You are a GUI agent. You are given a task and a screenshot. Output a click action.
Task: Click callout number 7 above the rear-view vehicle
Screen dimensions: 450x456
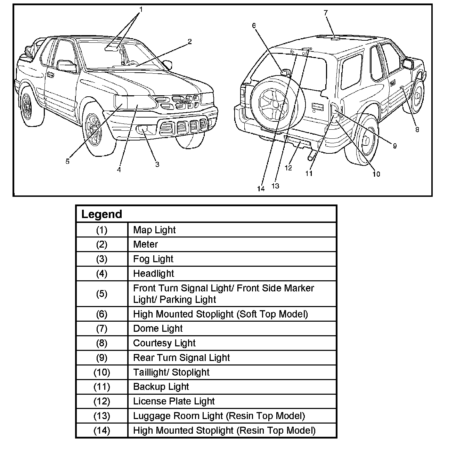[x=326, y=13]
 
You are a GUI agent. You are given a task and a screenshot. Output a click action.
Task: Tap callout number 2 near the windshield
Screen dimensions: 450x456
[x=189, y=42]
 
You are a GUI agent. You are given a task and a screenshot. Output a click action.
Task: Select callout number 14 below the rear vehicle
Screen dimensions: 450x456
[x=261, y=189]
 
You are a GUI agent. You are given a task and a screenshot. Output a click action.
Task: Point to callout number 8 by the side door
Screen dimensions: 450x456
[x=417, y=130]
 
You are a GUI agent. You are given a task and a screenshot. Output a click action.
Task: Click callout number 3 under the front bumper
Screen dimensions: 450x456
[x=157, y=164]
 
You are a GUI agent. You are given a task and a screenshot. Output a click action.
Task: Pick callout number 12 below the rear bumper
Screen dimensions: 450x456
[x=288, y=168]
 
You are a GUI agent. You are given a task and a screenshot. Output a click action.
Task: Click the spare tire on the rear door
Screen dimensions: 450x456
[x=275, y=104]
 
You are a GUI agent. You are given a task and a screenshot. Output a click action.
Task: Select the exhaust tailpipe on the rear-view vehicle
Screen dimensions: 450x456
[x=311, y=156]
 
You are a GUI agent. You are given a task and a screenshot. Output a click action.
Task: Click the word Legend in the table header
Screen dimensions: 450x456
[x=101, y=214]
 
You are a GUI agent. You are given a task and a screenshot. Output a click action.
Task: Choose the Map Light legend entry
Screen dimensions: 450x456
[x=154, y=230]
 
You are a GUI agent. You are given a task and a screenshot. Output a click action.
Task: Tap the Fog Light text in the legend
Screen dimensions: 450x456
[x=153, y=259]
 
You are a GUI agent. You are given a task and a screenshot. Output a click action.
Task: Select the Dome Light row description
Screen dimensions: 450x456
[x=158, y=329]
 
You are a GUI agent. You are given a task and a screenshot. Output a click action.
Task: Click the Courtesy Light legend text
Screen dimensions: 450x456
[x=164, y=343]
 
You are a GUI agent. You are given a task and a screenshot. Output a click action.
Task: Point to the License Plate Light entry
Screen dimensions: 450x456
[x=174, y=401]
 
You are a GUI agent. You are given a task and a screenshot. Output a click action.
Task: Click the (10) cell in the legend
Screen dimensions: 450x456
[x=101, y=372]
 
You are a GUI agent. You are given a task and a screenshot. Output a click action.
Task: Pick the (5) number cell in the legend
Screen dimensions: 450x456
[x=101, y=294]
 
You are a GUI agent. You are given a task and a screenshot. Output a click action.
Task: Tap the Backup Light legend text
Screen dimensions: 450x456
[x=161, y=387]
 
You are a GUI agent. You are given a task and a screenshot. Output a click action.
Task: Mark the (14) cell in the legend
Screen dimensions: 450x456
[x=101, y=431]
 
